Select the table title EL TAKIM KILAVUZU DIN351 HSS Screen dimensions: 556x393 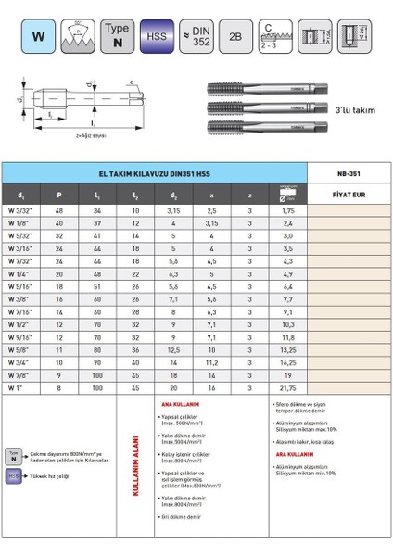point(155,173)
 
